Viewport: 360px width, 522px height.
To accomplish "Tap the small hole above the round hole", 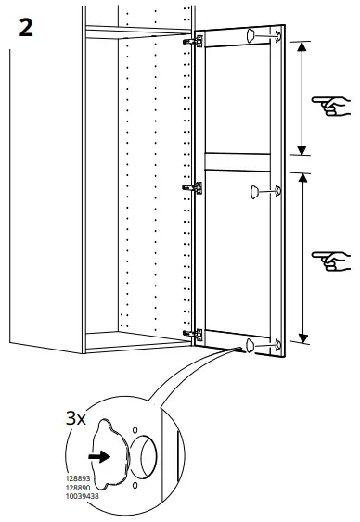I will point(135,430).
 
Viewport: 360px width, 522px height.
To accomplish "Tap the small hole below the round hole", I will point(135,483).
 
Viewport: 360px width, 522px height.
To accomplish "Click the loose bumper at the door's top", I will point(250,35).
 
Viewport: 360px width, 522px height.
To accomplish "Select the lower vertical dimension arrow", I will point(302,259).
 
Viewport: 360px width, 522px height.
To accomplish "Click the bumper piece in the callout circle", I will point(113,455).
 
